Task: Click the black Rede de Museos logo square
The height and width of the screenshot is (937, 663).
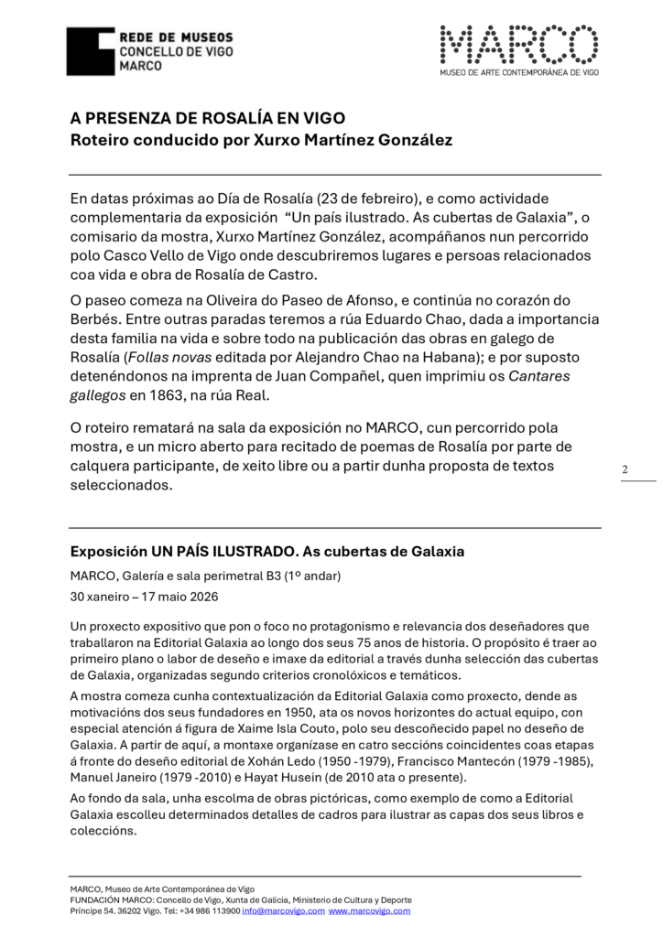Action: tap(91, 51)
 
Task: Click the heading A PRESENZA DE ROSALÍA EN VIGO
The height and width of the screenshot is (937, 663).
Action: tap(208, 119)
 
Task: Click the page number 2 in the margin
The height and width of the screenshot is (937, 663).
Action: tap(625, 470)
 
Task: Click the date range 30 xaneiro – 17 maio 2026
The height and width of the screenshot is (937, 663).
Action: tap(145, 596)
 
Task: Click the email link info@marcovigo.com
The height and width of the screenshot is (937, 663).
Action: tap(283, 910)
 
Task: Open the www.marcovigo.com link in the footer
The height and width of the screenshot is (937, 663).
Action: tap(369, 910)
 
